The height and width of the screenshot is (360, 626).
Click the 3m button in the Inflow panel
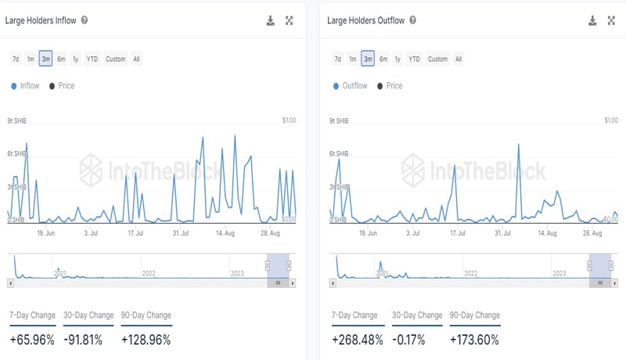[45, 59]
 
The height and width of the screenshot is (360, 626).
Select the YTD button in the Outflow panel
[414, 59]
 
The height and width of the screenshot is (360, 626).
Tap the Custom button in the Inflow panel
[115, 59]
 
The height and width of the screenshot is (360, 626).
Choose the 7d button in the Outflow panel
[337, 59]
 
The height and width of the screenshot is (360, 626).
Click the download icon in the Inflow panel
[271, 20]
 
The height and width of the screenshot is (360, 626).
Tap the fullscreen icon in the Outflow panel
[612, 20]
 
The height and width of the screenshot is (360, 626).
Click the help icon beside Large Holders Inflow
[85, 20]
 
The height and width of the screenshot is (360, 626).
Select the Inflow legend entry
[25, 85]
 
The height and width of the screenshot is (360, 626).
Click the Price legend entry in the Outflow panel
[390, 85]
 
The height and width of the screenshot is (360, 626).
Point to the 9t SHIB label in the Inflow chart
[17, 121]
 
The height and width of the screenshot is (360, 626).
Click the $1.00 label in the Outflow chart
[610, 121]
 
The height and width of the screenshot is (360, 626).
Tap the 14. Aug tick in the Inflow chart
[225, 233]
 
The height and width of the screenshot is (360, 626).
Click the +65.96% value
[32, 340]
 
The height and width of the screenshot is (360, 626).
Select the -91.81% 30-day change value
[88, 340]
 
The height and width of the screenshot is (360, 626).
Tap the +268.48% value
[357, 340]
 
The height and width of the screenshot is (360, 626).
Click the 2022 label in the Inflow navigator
[148, 273]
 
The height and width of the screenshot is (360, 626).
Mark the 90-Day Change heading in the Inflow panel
[146, 315]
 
